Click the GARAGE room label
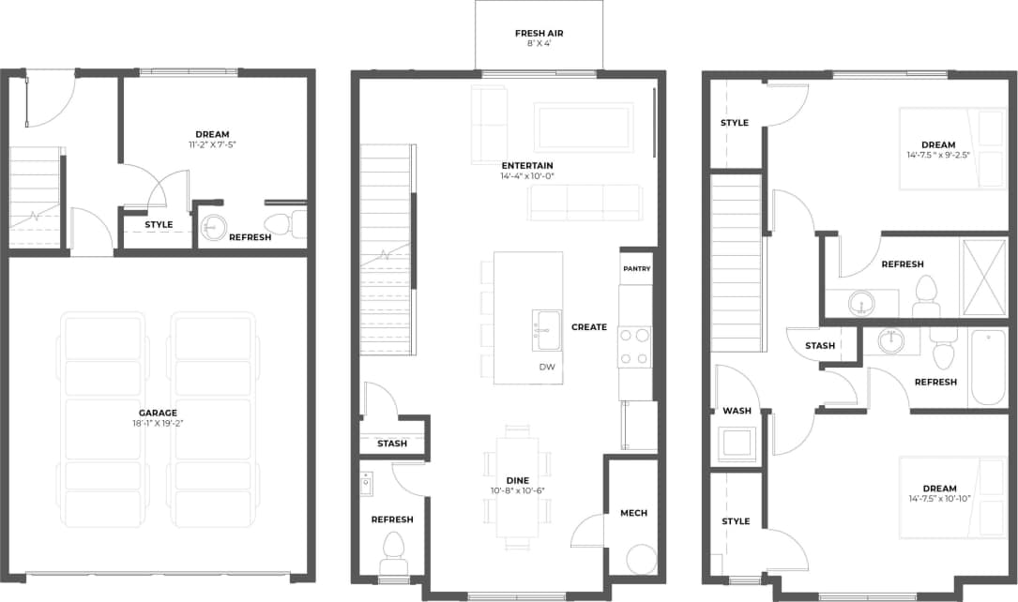pos(158,413)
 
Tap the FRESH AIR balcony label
pos(539,33)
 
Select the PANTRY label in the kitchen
pos(636,269)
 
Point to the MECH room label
pos(633,513)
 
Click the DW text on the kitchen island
pos(547,367)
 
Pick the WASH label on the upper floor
pos(737,411)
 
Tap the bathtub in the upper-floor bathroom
pos(987,367)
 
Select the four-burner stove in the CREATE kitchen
pos(635,347)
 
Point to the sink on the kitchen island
pos(546,329)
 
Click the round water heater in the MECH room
pos(642,560)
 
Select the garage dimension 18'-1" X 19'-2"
pos(158,424)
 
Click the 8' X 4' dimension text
pos(539,44)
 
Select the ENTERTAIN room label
pos(526,166)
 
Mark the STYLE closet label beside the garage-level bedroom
pos(159,225)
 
